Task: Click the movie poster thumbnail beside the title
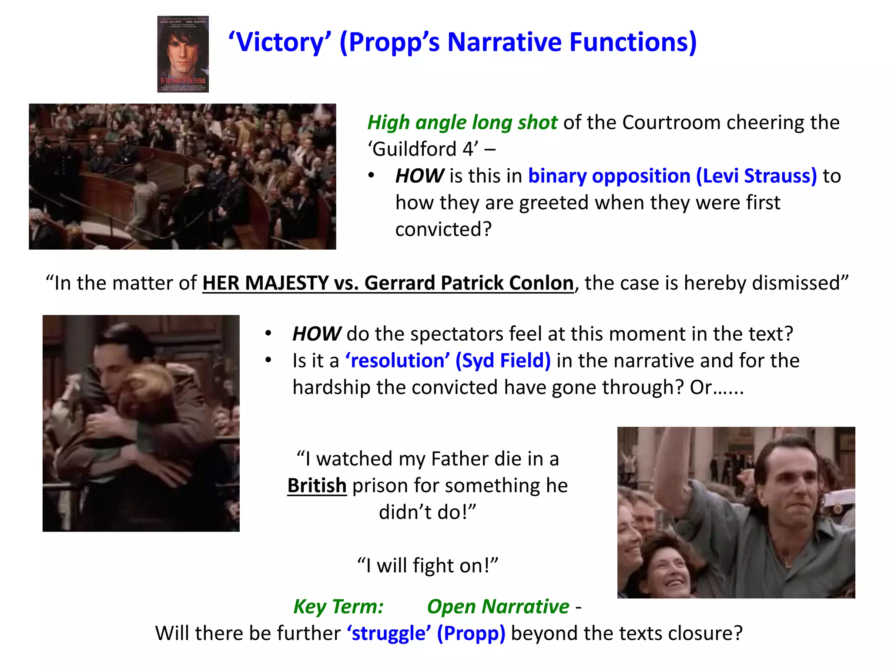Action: point(183,54)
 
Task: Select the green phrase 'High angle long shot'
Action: point(462,123)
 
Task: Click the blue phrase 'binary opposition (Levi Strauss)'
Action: point(672,176)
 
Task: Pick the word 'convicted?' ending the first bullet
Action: point(443,229)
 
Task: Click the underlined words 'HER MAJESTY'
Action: point(265,283)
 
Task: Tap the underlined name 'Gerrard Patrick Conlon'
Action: point(469,283)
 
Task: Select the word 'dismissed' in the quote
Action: point(801,283)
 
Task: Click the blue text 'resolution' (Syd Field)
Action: point(448,361)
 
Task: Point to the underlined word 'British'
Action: point(317,485)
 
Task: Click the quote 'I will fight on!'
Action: point(428,566)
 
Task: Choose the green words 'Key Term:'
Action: point(338,606)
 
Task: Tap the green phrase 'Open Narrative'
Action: point(498,606)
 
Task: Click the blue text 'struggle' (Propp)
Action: point(426,633)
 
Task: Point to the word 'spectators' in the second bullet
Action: point(456,334)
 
